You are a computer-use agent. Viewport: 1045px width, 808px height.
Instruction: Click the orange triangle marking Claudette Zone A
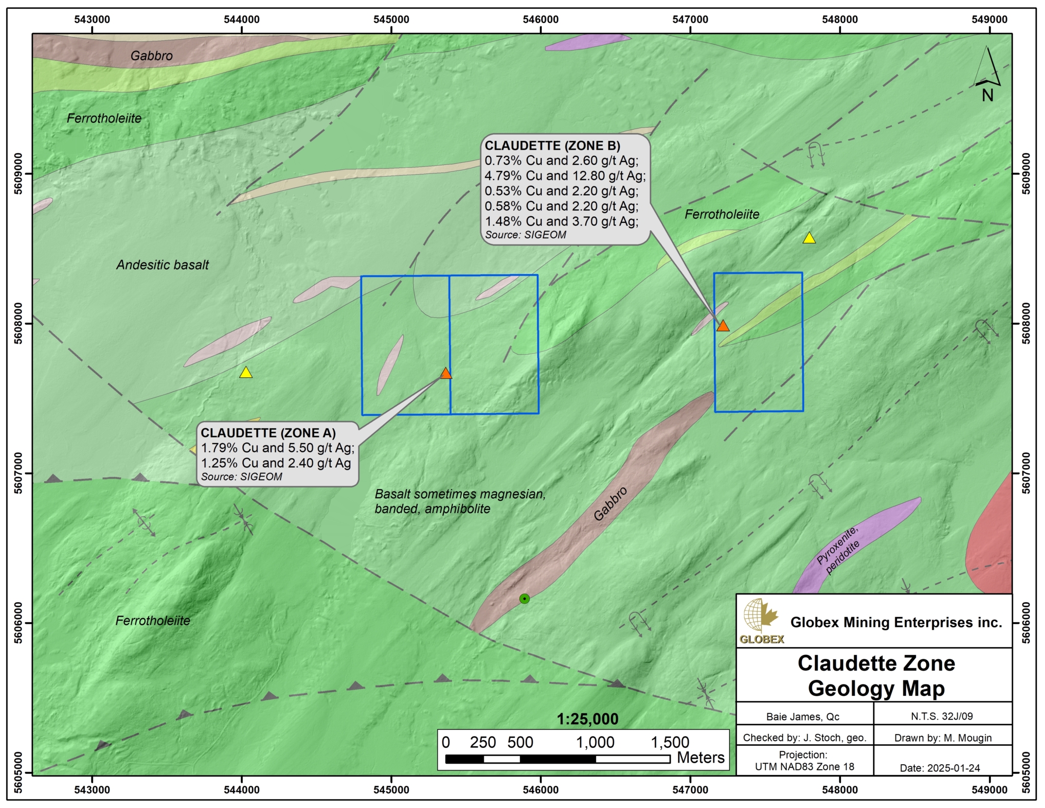(446, 374)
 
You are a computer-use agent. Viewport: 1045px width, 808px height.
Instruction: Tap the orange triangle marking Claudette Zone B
(723, 326)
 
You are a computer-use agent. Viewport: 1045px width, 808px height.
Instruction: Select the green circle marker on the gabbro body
(525, 599)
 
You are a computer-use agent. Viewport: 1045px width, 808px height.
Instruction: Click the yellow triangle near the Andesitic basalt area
(246, 373)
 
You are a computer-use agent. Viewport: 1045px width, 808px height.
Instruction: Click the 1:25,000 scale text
(587, 719)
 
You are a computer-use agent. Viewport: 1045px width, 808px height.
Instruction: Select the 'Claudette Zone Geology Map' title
(876, 676)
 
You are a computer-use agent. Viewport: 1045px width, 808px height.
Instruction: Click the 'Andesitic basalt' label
(163, 264)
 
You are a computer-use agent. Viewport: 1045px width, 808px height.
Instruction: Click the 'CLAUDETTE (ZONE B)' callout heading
(552, 145)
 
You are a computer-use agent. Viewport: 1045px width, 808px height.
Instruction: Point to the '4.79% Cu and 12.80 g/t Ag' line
(565, 176)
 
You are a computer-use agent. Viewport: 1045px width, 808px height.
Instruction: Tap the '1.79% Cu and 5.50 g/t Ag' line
(277, 448)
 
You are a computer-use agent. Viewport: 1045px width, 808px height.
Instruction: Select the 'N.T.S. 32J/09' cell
(942, 716)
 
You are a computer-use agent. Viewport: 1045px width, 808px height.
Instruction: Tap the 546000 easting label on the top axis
(541, 19)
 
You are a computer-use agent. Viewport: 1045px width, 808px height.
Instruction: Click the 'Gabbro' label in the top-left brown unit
(152, 56)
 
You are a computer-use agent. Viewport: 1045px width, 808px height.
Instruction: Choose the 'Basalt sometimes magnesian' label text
(460, 494)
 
